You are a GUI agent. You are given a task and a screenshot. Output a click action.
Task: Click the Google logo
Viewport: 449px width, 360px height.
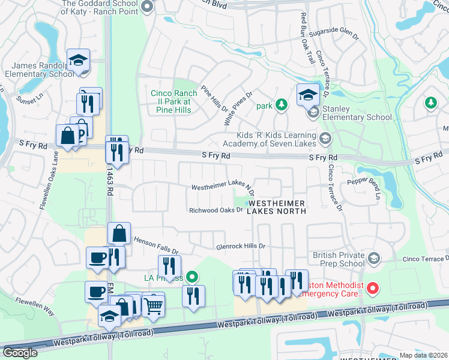20,353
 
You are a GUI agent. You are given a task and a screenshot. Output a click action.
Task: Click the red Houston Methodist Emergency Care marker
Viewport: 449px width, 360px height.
372,289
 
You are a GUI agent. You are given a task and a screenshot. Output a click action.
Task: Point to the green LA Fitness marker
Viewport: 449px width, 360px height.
191,277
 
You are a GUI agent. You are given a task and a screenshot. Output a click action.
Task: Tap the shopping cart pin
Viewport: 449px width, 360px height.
154,305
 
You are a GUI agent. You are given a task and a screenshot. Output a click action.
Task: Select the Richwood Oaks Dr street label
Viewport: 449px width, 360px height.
215,211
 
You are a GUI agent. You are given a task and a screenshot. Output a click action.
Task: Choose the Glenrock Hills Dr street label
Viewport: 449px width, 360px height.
241,247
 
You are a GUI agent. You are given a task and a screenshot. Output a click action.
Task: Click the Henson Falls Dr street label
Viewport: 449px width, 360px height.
155,247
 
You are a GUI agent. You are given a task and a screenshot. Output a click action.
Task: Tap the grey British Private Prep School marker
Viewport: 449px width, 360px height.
374,259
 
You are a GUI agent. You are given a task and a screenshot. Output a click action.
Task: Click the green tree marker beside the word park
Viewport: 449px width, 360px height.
282,106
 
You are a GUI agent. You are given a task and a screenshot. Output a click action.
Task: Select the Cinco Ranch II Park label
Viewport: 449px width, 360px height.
170,102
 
